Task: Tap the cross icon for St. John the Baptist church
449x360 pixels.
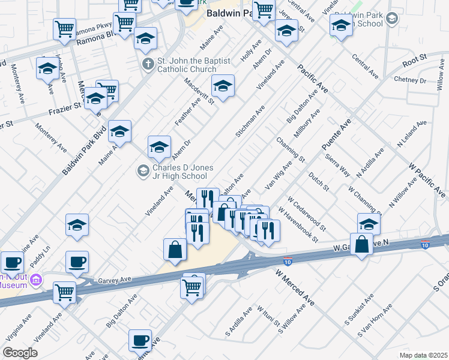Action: pyautogui.click(x=147, y=63)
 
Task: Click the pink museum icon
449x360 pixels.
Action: pyautogui.click(x=35, y=280)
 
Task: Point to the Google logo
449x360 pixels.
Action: pyautogui.click(x=20, y=353)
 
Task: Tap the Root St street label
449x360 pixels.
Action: pyautogui.click(x=414, y=59)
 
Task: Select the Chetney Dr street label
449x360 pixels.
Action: pyautogui.click(x=409, y=80)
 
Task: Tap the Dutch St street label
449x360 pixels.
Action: pyautogui.click(x=319, y=182)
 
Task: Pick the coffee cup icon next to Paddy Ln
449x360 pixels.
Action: pyautogui.click(x=77, y=262)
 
